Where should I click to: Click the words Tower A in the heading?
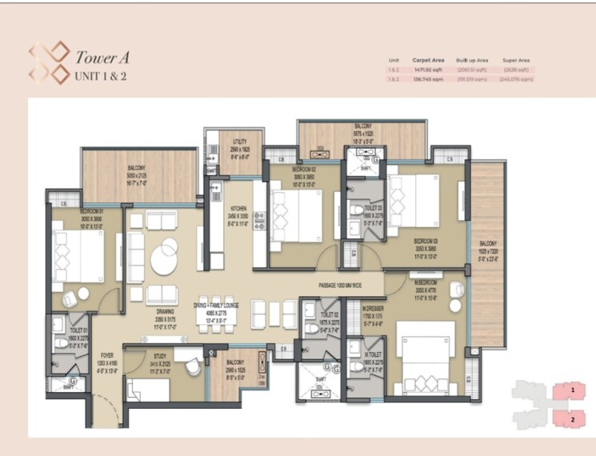pyautogui.click(x=102, y=58)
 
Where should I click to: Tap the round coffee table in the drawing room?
pyautogui.click(x=169, y=258)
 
